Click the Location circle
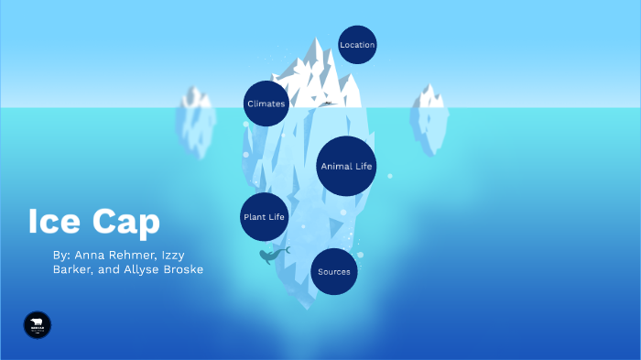[357, 45]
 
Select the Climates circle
[266, 104]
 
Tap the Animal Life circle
[346, 167]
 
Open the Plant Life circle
[264, 217]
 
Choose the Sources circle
[333, 272]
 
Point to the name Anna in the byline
[92, 254]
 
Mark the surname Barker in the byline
[72, 269]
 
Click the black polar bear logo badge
[38, 324]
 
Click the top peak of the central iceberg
[318, 42]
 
